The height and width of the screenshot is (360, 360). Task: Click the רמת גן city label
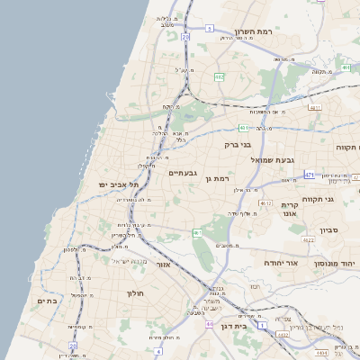pyautogui.click(x=219, y=179)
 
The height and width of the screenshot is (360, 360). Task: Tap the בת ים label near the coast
pyautogui.click(x=46, y=301)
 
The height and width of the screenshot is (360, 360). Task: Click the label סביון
pyautogui.click(x=328, y=231)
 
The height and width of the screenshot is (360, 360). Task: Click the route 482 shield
pyautogui.click(x=219, y=77)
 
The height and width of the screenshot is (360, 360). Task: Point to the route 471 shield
pyautogui.click(x=310, y=175)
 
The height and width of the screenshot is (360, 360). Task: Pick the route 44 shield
pyautogui.click(x=210, y=324)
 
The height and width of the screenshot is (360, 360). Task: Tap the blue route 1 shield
pyautogui.click(x=262, y=325)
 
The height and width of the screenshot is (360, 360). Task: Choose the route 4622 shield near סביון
pyautogui.click(x=309, y=240)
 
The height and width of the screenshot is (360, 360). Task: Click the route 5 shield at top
pyautogui.click(x=209, y=29)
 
